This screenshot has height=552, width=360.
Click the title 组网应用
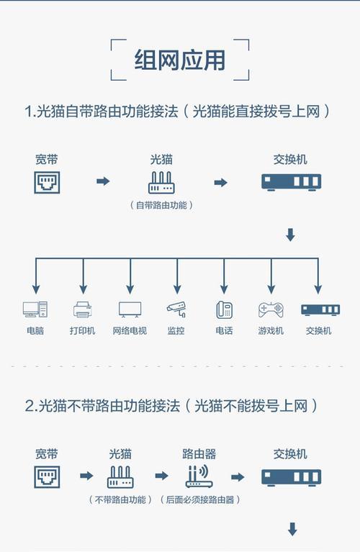coord(180,60)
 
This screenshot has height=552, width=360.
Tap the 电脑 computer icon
coord(35,309)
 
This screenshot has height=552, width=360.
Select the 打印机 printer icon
coord(83,309)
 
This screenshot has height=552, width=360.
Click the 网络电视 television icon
coord(130,309)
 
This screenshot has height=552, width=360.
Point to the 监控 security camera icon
coord(176,309)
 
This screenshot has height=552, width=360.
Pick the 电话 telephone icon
coord(224,309)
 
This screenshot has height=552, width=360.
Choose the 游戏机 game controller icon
coord(271,309)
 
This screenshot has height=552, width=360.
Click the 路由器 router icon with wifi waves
coord(199,476)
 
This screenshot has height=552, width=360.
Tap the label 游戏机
coord(271,330)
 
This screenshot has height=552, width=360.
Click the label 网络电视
coord(130,330)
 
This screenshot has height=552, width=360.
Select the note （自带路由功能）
coord(162,205)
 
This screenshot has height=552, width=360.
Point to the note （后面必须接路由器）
coord(200,499)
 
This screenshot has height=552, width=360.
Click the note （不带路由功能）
coord(120,499)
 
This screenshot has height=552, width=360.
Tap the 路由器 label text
coord(199,454)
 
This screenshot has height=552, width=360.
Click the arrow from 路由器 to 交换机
coord(238,477)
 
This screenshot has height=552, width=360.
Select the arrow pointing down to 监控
coord(177,276)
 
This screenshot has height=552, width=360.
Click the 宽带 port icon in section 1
coord(47,182)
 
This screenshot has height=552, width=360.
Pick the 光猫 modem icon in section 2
coord(120,477)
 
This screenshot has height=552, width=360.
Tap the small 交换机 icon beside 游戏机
coord(320,309)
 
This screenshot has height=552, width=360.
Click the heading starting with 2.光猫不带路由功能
coord(171,406)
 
